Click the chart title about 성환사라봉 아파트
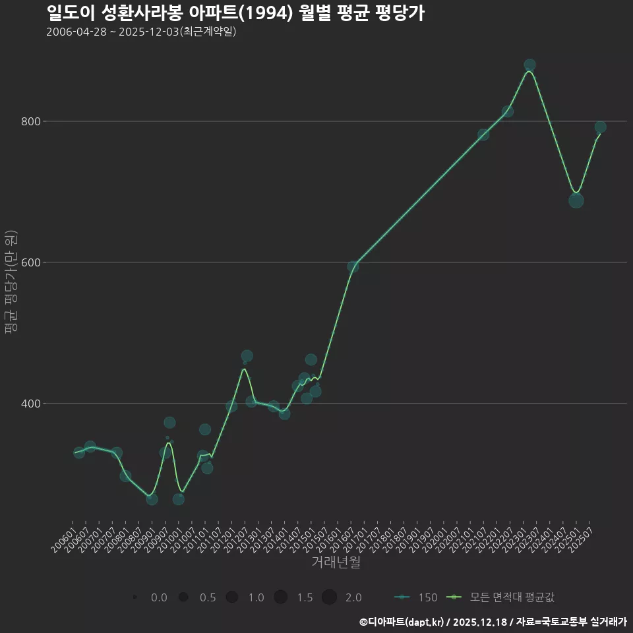[x=235, y=13]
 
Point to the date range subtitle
[x=141, y=32]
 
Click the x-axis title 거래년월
[x=336, y=562]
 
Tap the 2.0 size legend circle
[x=330, y=597]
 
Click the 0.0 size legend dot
[x=135, y=597]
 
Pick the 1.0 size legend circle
[x=231, y=597]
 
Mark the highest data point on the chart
[x=529, y=65]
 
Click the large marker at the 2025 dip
[x=576, y=200]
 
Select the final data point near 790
[x=600, y=127]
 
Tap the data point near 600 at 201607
[x=353, y=267]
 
